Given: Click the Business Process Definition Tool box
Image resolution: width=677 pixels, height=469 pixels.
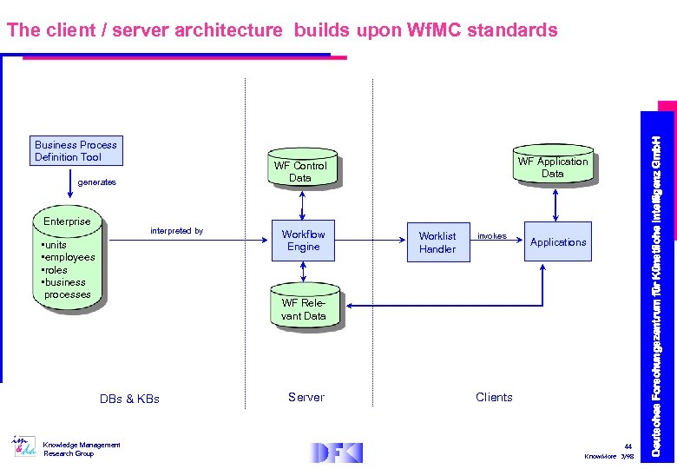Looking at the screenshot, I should [x=76, y=150].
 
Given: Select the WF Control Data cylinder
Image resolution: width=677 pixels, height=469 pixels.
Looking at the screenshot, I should [x=300, y=171].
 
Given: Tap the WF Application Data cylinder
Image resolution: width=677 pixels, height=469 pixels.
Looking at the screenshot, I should [x=552, y=167].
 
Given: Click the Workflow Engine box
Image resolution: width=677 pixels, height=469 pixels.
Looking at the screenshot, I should [x=303, y=241].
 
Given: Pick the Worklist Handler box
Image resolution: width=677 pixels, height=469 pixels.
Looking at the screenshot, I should [x=437, y=242].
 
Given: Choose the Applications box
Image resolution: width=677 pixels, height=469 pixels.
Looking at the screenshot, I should [x=558, y=242].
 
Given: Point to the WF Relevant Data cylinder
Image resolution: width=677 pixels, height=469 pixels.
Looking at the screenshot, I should [x=303, y=309].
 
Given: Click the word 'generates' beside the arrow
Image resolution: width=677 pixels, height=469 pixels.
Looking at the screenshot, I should [x=96, y=182].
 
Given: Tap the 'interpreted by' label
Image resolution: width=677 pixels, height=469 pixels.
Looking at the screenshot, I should [x=176, y=231].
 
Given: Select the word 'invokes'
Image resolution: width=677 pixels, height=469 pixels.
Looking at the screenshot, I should [x=492, y=236].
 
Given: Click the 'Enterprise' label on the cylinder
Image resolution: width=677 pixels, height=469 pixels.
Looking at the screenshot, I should [x=67, y=221].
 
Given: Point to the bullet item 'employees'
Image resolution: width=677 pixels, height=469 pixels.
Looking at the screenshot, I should [x=69, y=257].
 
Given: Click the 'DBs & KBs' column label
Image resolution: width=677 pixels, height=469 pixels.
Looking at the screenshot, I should [x=129, y=400].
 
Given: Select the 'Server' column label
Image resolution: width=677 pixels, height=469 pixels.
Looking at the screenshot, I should [x=306, y=397].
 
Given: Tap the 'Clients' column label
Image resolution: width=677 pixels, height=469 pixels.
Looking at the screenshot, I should [x=494, y=397].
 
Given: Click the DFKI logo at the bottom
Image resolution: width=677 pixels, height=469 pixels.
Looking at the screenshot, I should [x=337, y=452].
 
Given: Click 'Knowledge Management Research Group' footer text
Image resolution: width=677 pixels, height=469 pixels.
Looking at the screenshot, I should [x=82, y=449].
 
